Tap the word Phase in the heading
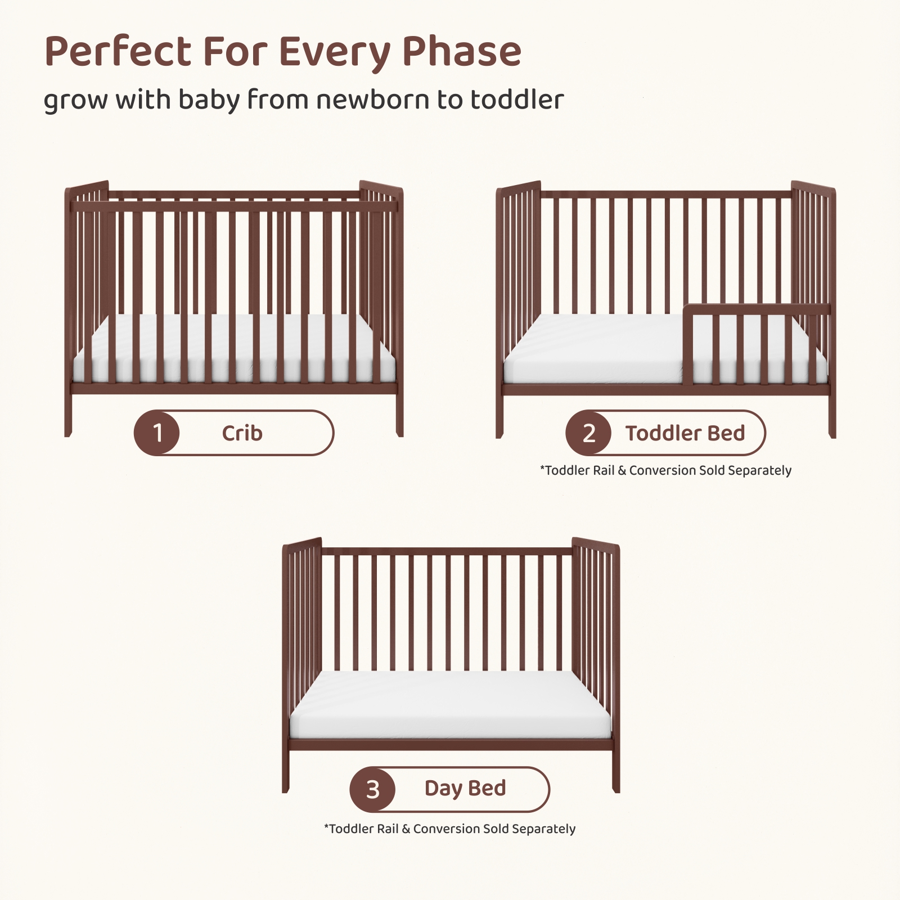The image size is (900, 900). [462, 52]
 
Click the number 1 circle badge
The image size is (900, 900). [157, 433]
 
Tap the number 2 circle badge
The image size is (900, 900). [588, 433]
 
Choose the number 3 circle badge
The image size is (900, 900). [372, 790]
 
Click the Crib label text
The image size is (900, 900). [242, 433]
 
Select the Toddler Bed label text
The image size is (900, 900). [685, 433]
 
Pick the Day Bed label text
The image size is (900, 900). [465, 789]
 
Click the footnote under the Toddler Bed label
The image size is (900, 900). [665, 470]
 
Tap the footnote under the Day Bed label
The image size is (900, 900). [450, 829]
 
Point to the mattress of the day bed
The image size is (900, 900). [450, 705]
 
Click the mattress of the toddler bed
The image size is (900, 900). [596, 349]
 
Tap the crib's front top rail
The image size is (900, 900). [234, 206]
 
